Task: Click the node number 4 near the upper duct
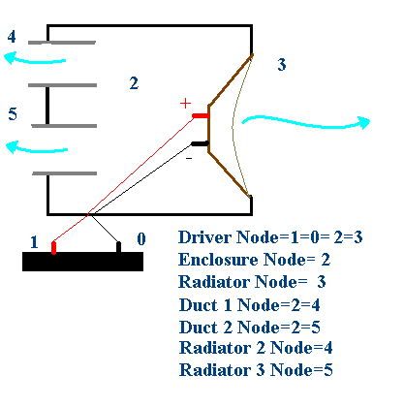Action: pyautogui.click(x=12, y=37)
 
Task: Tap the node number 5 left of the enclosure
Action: pyautogui.click(x=13, y=113)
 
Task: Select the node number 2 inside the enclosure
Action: pyautogui.click(x=134, y=83)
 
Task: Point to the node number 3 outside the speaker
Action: pyautogui.click(x=282, y=64)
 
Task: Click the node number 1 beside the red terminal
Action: pyautogui.click(x=34, y=242)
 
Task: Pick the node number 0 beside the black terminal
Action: pyautogui.click(x=141, y=239)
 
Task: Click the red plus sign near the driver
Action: pyautogui.click(x=186, y=104)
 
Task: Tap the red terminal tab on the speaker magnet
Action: pyautogui.click(x=201, y=115)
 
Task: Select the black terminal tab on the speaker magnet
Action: pyautogui.click(x=201, y=143)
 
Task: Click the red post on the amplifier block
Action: pyautogui.click(x=54, y=248)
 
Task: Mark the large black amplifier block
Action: pyautogui.click(x=82, y=262)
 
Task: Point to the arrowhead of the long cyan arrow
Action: pyautogui.click(x=364, y=122)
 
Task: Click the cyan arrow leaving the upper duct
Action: pyautogui.click(x=35, y=59)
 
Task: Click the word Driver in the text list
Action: pyautogui.click(x=204, y=237)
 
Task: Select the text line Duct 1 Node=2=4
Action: pyautogui.click(x=250, y=305)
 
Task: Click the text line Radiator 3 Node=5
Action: pyautogui.click(x=256, y=370)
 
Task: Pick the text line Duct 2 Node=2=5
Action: pyautogui.click(x=250, y=327)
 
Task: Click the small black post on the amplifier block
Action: pyautogui.click(x=118, y=247)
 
